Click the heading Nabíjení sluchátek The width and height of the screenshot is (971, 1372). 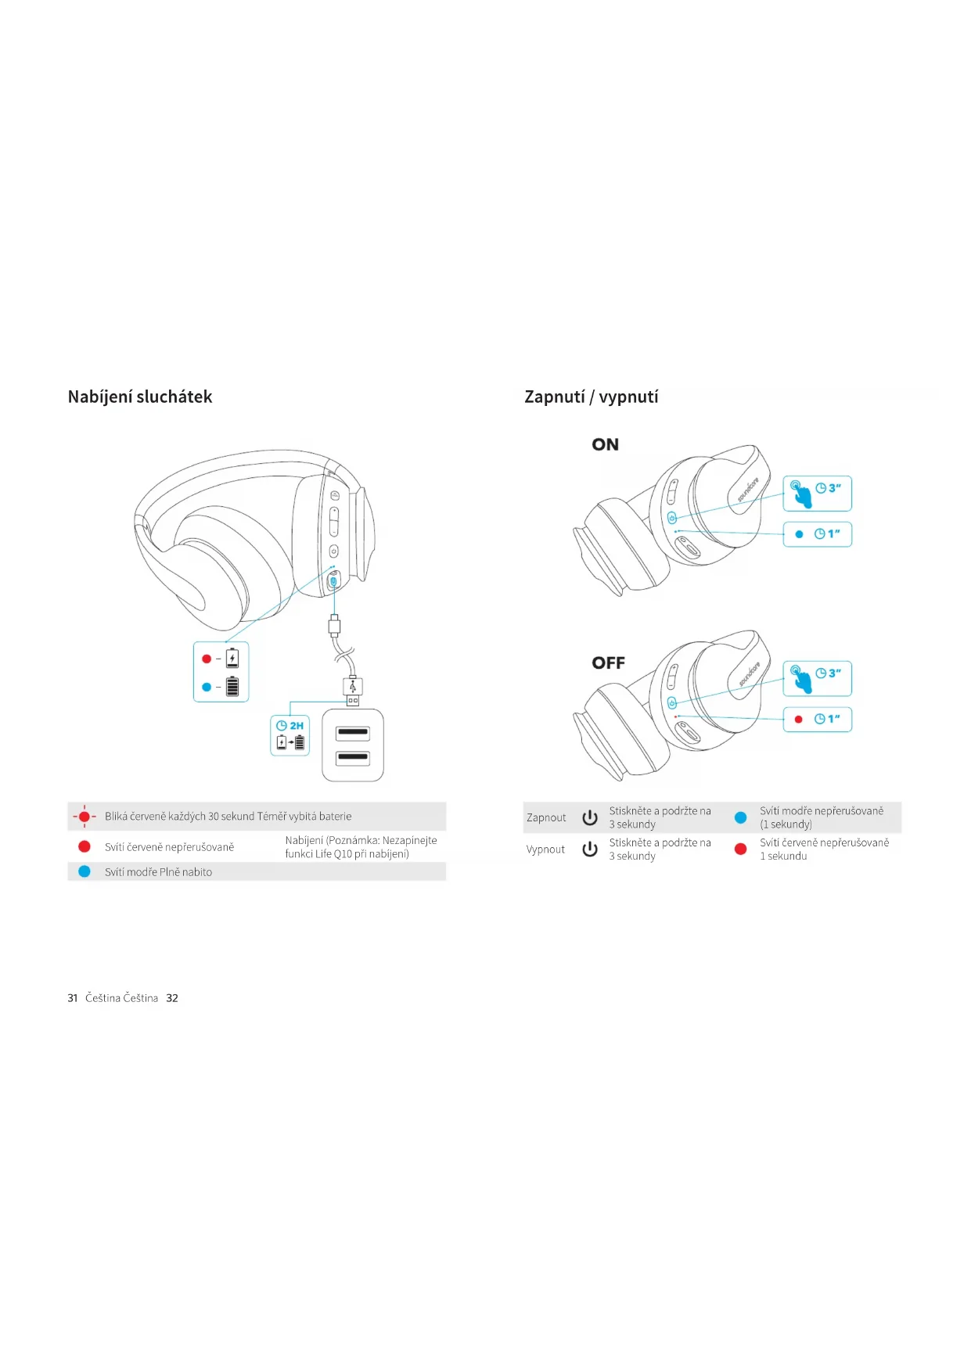click(140, 397)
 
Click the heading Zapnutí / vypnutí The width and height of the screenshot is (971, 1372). click(591, 397)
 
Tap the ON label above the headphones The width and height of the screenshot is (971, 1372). click(605, 444)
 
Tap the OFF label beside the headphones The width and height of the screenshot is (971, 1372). click(608, 663)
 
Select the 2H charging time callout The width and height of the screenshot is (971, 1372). click(290, 735)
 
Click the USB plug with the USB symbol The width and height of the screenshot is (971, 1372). click(353, 688)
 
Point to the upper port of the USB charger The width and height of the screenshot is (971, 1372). click(353, 733)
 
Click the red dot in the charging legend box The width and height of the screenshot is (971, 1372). click(207, 659)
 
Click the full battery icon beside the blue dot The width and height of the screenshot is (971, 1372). click(232, 687)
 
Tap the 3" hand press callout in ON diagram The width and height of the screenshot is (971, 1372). click(817, 494)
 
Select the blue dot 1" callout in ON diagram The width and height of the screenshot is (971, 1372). click(817, 534)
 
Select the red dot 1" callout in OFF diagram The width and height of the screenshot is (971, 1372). click(817, 719)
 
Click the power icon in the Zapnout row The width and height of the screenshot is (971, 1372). click(590, 817)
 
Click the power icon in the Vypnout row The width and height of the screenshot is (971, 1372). click(590, 849)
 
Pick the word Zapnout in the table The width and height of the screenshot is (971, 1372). click(546, 817)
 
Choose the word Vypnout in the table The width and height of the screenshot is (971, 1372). click(545, 849)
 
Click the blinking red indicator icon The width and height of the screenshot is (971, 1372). click(85, 816)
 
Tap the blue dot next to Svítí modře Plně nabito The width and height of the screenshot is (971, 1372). click(85, 871)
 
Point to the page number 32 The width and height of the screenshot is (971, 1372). click(172, 998)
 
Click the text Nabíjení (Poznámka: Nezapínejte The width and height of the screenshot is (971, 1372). click(361, 840)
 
